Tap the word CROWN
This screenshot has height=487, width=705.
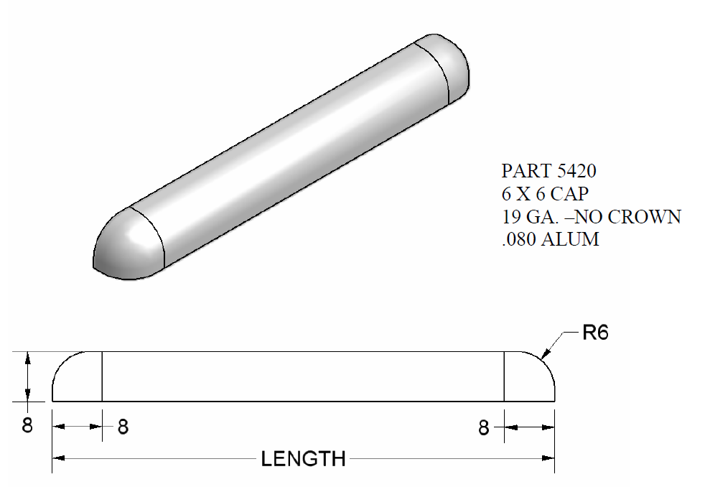[x=646, y=217]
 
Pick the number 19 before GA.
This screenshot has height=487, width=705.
[x=510, y=217]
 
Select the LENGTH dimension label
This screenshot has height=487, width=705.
[x=303, y=458]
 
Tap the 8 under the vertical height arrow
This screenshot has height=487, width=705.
[x=27, y=425]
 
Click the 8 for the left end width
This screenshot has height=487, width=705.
[x=123, y=427]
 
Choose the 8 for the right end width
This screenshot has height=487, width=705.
[x=484, y=428]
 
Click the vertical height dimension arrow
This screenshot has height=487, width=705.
[x=27, y=376]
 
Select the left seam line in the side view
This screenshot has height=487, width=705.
[x=102, y=376]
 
